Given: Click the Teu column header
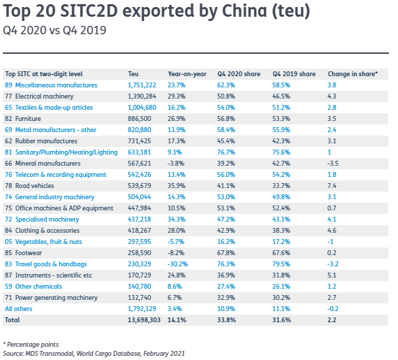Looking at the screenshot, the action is pyautogui.click(x=133, y=74).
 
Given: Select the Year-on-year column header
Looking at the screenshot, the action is pyautogui.click(x=187, y=74).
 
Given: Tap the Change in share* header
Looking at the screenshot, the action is pyautogui.click(x=353, y=74).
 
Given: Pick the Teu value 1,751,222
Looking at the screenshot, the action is pyautogui.click(x=142, y=85).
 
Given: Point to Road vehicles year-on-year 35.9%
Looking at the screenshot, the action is pyautogui.click(x=177, y=186).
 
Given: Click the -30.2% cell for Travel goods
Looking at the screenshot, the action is pyautogui.click(x=177, y=264).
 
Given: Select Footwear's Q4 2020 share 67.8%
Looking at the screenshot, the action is pyautogui.click(x=226, y=253).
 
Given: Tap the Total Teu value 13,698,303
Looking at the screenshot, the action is pyautogui.click(x=144, y=320).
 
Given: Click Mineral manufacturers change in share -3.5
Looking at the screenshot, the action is pyautogui.click(x=333, y=164).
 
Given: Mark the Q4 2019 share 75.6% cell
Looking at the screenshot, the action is pyautogui.click(x=281, y=152).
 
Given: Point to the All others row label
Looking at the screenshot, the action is pyautogui.click(x=19, y=309).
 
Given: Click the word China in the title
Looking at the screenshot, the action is pyautogui.click(x=244, y=11).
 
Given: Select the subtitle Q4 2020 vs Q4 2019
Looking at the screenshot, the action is pyautogui.click(x=54, y=30).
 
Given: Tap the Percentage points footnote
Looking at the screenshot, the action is pyautogui.click(x=31, y=345).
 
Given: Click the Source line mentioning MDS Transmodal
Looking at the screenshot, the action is pyautogui.click(x=94, y=354).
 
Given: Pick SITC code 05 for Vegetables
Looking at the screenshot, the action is pyautogui.click(x=8, y=242).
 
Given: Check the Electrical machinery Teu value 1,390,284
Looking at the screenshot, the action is pyautogui.click(x=142, y=96).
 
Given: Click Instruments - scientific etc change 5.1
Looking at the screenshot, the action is pyautogui.click(x=332, y=275).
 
